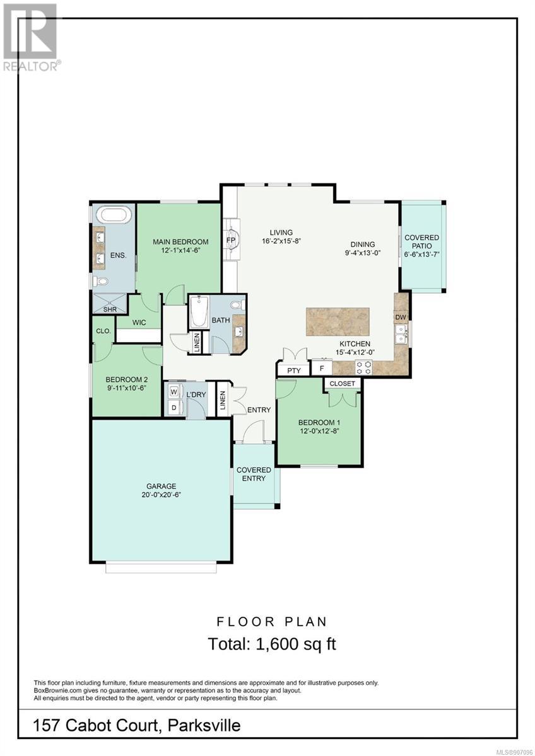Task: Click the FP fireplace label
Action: point(230,239)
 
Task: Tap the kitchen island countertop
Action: point(338,321)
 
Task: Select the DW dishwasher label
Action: point(401,318)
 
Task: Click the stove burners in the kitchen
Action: point(363,367)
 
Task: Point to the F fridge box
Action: point(321,368)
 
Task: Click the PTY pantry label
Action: point(294,370)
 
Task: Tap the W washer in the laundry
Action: point(173,392)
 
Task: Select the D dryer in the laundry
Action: point(173,408)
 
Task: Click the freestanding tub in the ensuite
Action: point(114,215)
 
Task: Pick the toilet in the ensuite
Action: point(99,280)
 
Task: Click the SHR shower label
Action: point(110,309)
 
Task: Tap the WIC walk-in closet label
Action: point(139,323)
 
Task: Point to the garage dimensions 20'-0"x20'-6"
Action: point(162,495)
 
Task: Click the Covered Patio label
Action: point(422,242)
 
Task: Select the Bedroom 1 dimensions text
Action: point(319,431)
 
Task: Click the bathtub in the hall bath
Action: point(199,311)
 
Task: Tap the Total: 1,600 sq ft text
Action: point(272,644)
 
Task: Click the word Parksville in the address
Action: point(204,725)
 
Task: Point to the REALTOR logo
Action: point(30,37)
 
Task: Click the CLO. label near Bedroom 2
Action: point(103,331)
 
